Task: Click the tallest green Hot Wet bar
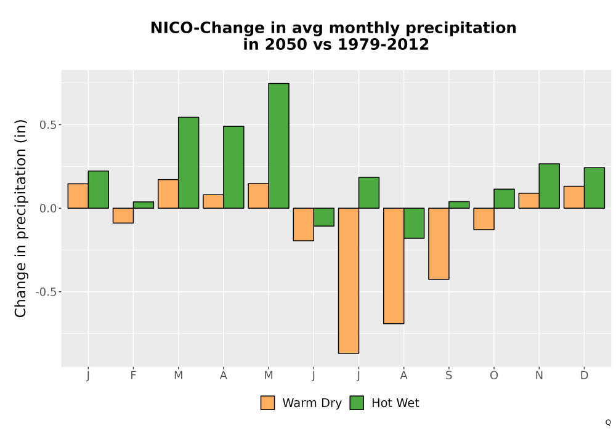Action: [x=278, y=146]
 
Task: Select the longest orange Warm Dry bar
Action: [x=349, y=281]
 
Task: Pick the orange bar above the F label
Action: [x=123, y=216]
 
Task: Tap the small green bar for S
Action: [x=459, y=205]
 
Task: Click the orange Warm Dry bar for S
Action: [x=439, y=244]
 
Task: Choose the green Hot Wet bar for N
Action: [x=549, y=186]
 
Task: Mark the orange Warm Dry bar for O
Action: [x=484, y=219]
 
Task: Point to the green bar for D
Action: [x=594, y=188]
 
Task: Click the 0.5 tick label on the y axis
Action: [x=48, y=125]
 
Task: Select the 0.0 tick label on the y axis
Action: [x=48, y=209]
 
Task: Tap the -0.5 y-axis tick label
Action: [x=46, y=292]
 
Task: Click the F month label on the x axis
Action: [x=133, y=376]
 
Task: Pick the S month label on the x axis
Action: [x=448, y=376]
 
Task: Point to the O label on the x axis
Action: [x=494, y=376]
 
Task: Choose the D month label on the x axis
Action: [x=584, y=376]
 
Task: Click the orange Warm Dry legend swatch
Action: [x=267, y=403]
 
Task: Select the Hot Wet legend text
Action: [x=395, y=403]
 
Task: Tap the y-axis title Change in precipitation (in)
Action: [x=20, y=218]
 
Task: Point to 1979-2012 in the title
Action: [x=383, y=44]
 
